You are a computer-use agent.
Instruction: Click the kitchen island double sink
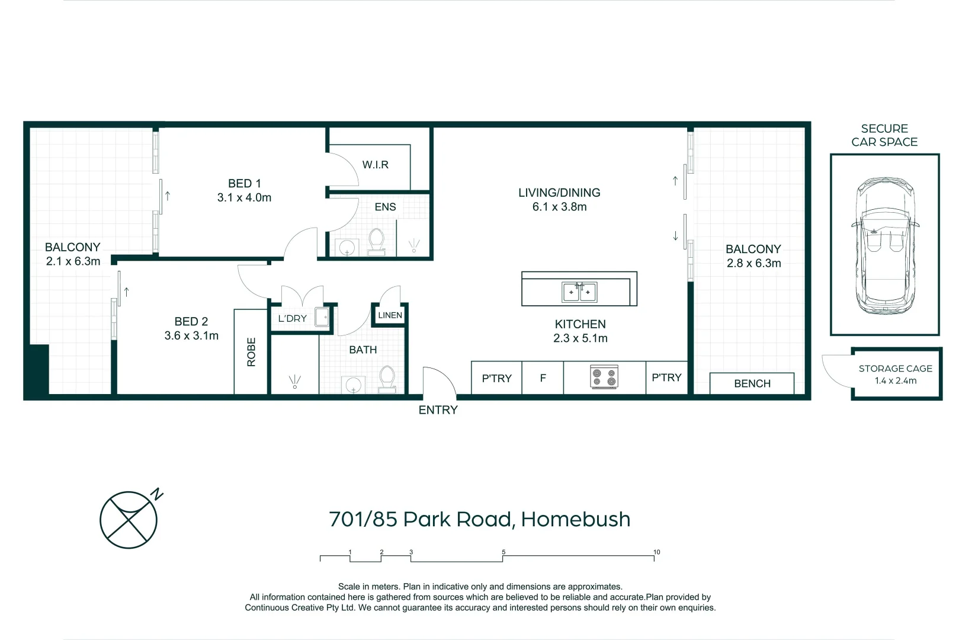coord(579,292)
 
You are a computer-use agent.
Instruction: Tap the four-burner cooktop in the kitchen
coord(604,377)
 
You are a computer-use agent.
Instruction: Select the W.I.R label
coord(376,165)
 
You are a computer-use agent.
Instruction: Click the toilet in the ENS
coord(376,242)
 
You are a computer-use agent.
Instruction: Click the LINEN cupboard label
coord(390,315)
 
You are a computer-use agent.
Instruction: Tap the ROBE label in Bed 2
coord(251,352)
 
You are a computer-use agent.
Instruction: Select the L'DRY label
coord(293,318)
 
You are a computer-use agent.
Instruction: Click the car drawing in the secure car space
coord(885,246)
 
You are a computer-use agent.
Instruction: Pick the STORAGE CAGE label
coord(895,369)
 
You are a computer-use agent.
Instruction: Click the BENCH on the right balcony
coord(752,383)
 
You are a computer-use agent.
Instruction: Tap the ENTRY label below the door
coord(438,410)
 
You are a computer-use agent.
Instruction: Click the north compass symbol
coord(129,520)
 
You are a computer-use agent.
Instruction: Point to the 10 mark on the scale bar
coord(656,552)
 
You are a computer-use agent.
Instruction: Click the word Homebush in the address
coord(575,519)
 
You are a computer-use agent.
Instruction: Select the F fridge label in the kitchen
coord(543,377)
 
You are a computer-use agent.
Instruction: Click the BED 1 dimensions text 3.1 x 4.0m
coord(244,198)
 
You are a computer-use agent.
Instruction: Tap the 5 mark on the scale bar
coord(503,552)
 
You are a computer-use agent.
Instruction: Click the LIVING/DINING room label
coord(559,193)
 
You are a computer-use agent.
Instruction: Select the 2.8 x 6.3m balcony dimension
coord(753,263)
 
